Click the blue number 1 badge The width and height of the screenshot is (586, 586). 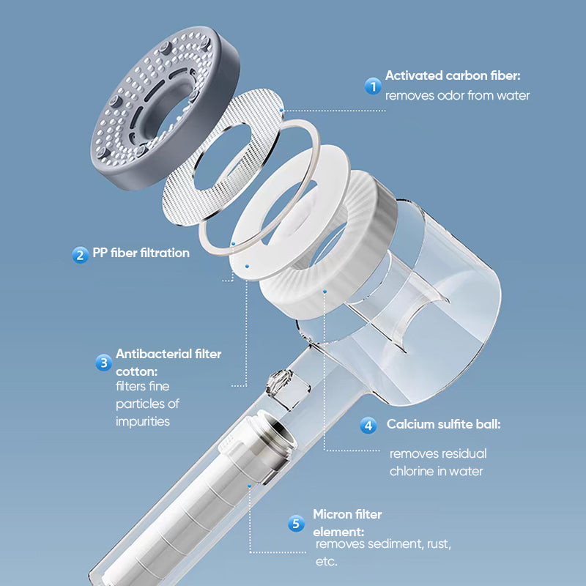coord(374,86)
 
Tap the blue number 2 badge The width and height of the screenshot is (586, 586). coord(80,254)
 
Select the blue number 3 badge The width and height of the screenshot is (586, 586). coord(103,362)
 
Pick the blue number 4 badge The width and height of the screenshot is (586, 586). coord(369,425)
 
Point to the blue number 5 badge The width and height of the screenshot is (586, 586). coord(296,523)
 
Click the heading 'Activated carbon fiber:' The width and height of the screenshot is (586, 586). coord(453,75)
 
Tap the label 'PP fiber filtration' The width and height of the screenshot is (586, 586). coord(141,253)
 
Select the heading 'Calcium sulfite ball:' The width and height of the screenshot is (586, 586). coord(444,424)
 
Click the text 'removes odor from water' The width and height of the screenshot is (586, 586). coord(457,95)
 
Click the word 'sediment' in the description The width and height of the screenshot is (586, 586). coord(396,544)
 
